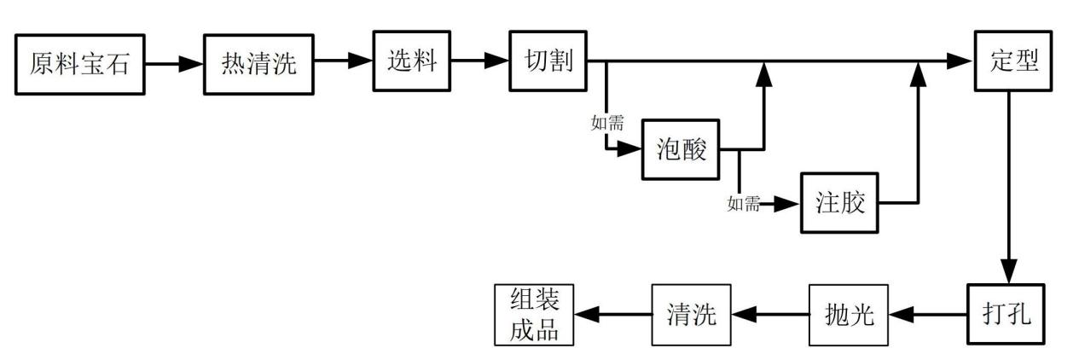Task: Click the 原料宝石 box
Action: pyautogui.click(x=79, y=64)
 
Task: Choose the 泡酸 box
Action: pyautogui.click(x=680, y=148)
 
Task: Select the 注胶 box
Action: pyautogui.click(x=839, y=203)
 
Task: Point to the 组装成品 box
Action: pyautogui.click(x=535, y=315)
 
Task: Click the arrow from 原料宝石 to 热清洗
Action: pyautogui.click(x=174, y=63)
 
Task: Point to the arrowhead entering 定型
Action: pyautogui.click(x=961, y=61)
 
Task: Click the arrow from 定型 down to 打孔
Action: pyautogui.click(x=1009, y=188)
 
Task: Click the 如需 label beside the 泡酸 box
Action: pyautogui.click(x=606, y=123)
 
